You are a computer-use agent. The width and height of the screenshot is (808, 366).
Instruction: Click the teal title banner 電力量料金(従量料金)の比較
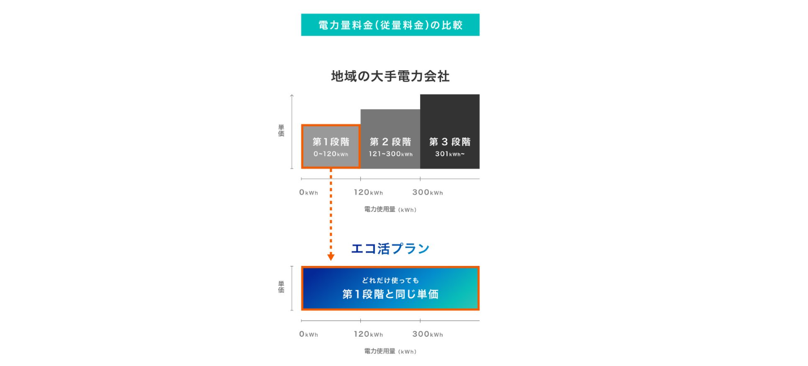pyautogui.click(x=390, y=25)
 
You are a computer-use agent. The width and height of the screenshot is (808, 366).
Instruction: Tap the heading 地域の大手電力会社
pyautogui.click(x=390, y=76)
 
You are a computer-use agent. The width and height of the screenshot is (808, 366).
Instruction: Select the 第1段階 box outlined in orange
pyautogui.click(x=331, y=147)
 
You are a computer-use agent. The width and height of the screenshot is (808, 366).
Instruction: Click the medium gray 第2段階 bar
pyautogui.click(x=390, y=139)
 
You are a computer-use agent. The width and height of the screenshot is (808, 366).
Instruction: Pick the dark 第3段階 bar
pyautogui.click(x=450, y=132)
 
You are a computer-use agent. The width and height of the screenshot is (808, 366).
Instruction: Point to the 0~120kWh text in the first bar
pyautogui.click(x=331, y=154)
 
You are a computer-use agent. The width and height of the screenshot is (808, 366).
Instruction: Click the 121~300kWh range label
pyautogui.click(x=390, y=154)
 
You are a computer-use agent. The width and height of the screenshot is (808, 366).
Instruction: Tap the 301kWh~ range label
pyautogui.click(x=450, y=154)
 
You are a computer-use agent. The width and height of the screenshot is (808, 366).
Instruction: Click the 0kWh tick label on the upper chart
pyautogui.click(x=309, y=192)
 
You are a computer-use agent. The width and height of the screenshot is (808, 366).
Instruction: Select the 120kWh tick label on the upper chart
pyautogui.click(x=368, y=192)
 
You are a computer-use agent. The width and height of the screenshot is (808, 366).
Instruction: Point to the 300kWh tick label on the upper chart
pyautogui.click(x=428, y=192)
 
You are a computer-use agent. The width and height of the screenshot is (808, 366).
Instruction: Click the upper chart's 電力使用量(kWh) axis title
pyautogui.click(x=390, y=209)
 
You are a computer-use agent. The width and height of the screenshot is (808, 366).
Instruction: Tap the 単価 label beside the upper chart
pyautogui.click(x=281, y=130)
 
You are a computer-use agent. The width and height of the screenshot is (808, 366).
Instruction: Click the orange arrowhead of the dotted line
pyautogui.click(x=331, y=257)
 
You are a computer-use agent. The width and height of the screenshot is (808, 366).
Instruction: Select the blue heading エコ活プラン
pyautogui.click(x=390, y=248)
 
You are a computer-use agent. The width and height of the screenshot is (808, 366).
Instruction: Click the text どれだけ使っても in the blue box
pyautogui.click(x=390, y=281)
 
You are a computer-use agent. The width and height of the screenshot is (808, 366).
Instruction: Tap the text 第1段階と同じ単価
pyautogui.click(x=390, y=294)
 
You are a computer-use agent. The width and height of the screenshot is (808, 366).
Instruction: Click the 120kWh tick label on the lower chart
pyautogui.click(x=368, y=335)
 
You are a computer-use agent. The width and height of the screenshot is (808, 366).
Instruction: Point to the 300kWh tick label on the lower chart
pyautogui.click(x=428, y=335)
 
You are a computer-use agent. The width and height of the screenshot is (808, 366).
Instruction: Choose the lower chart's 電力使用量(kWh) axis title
pyautogui.click(x=390, y=351)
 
